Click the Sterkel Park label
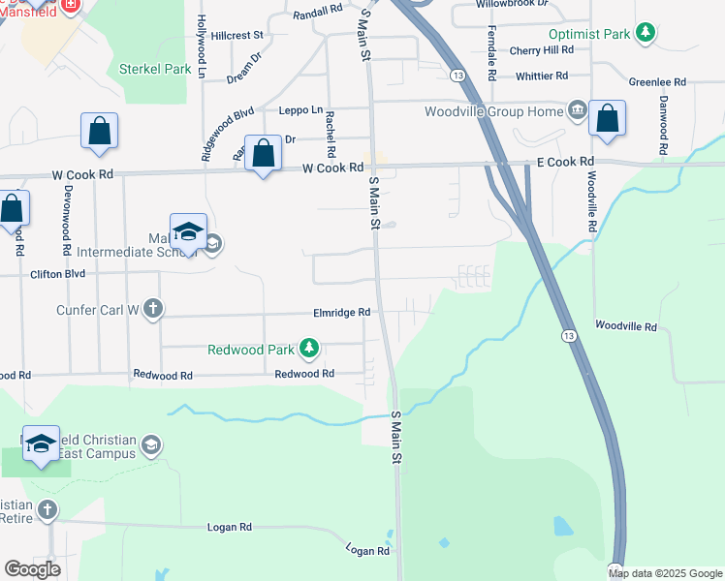(155, 69)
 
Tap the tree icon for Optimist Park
(645, 33)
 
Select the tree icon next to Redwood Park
(308, 347)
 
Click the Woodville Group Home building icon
(578, 110)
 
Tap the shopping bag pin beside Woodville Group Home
(608, 119)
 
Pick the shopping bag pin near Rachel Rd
(264, 153)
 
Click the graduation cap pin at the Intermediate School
(188, 232)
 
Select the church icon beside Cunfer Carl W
(152, 309)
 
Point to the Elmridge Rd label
(342, 313)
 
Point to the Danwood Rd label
(664, 125)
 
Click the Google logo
(32, 568)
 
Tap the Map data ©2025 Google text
(665, 573)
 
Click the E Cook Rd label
(559, 162)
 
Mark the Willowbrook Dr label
(512, 4)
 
